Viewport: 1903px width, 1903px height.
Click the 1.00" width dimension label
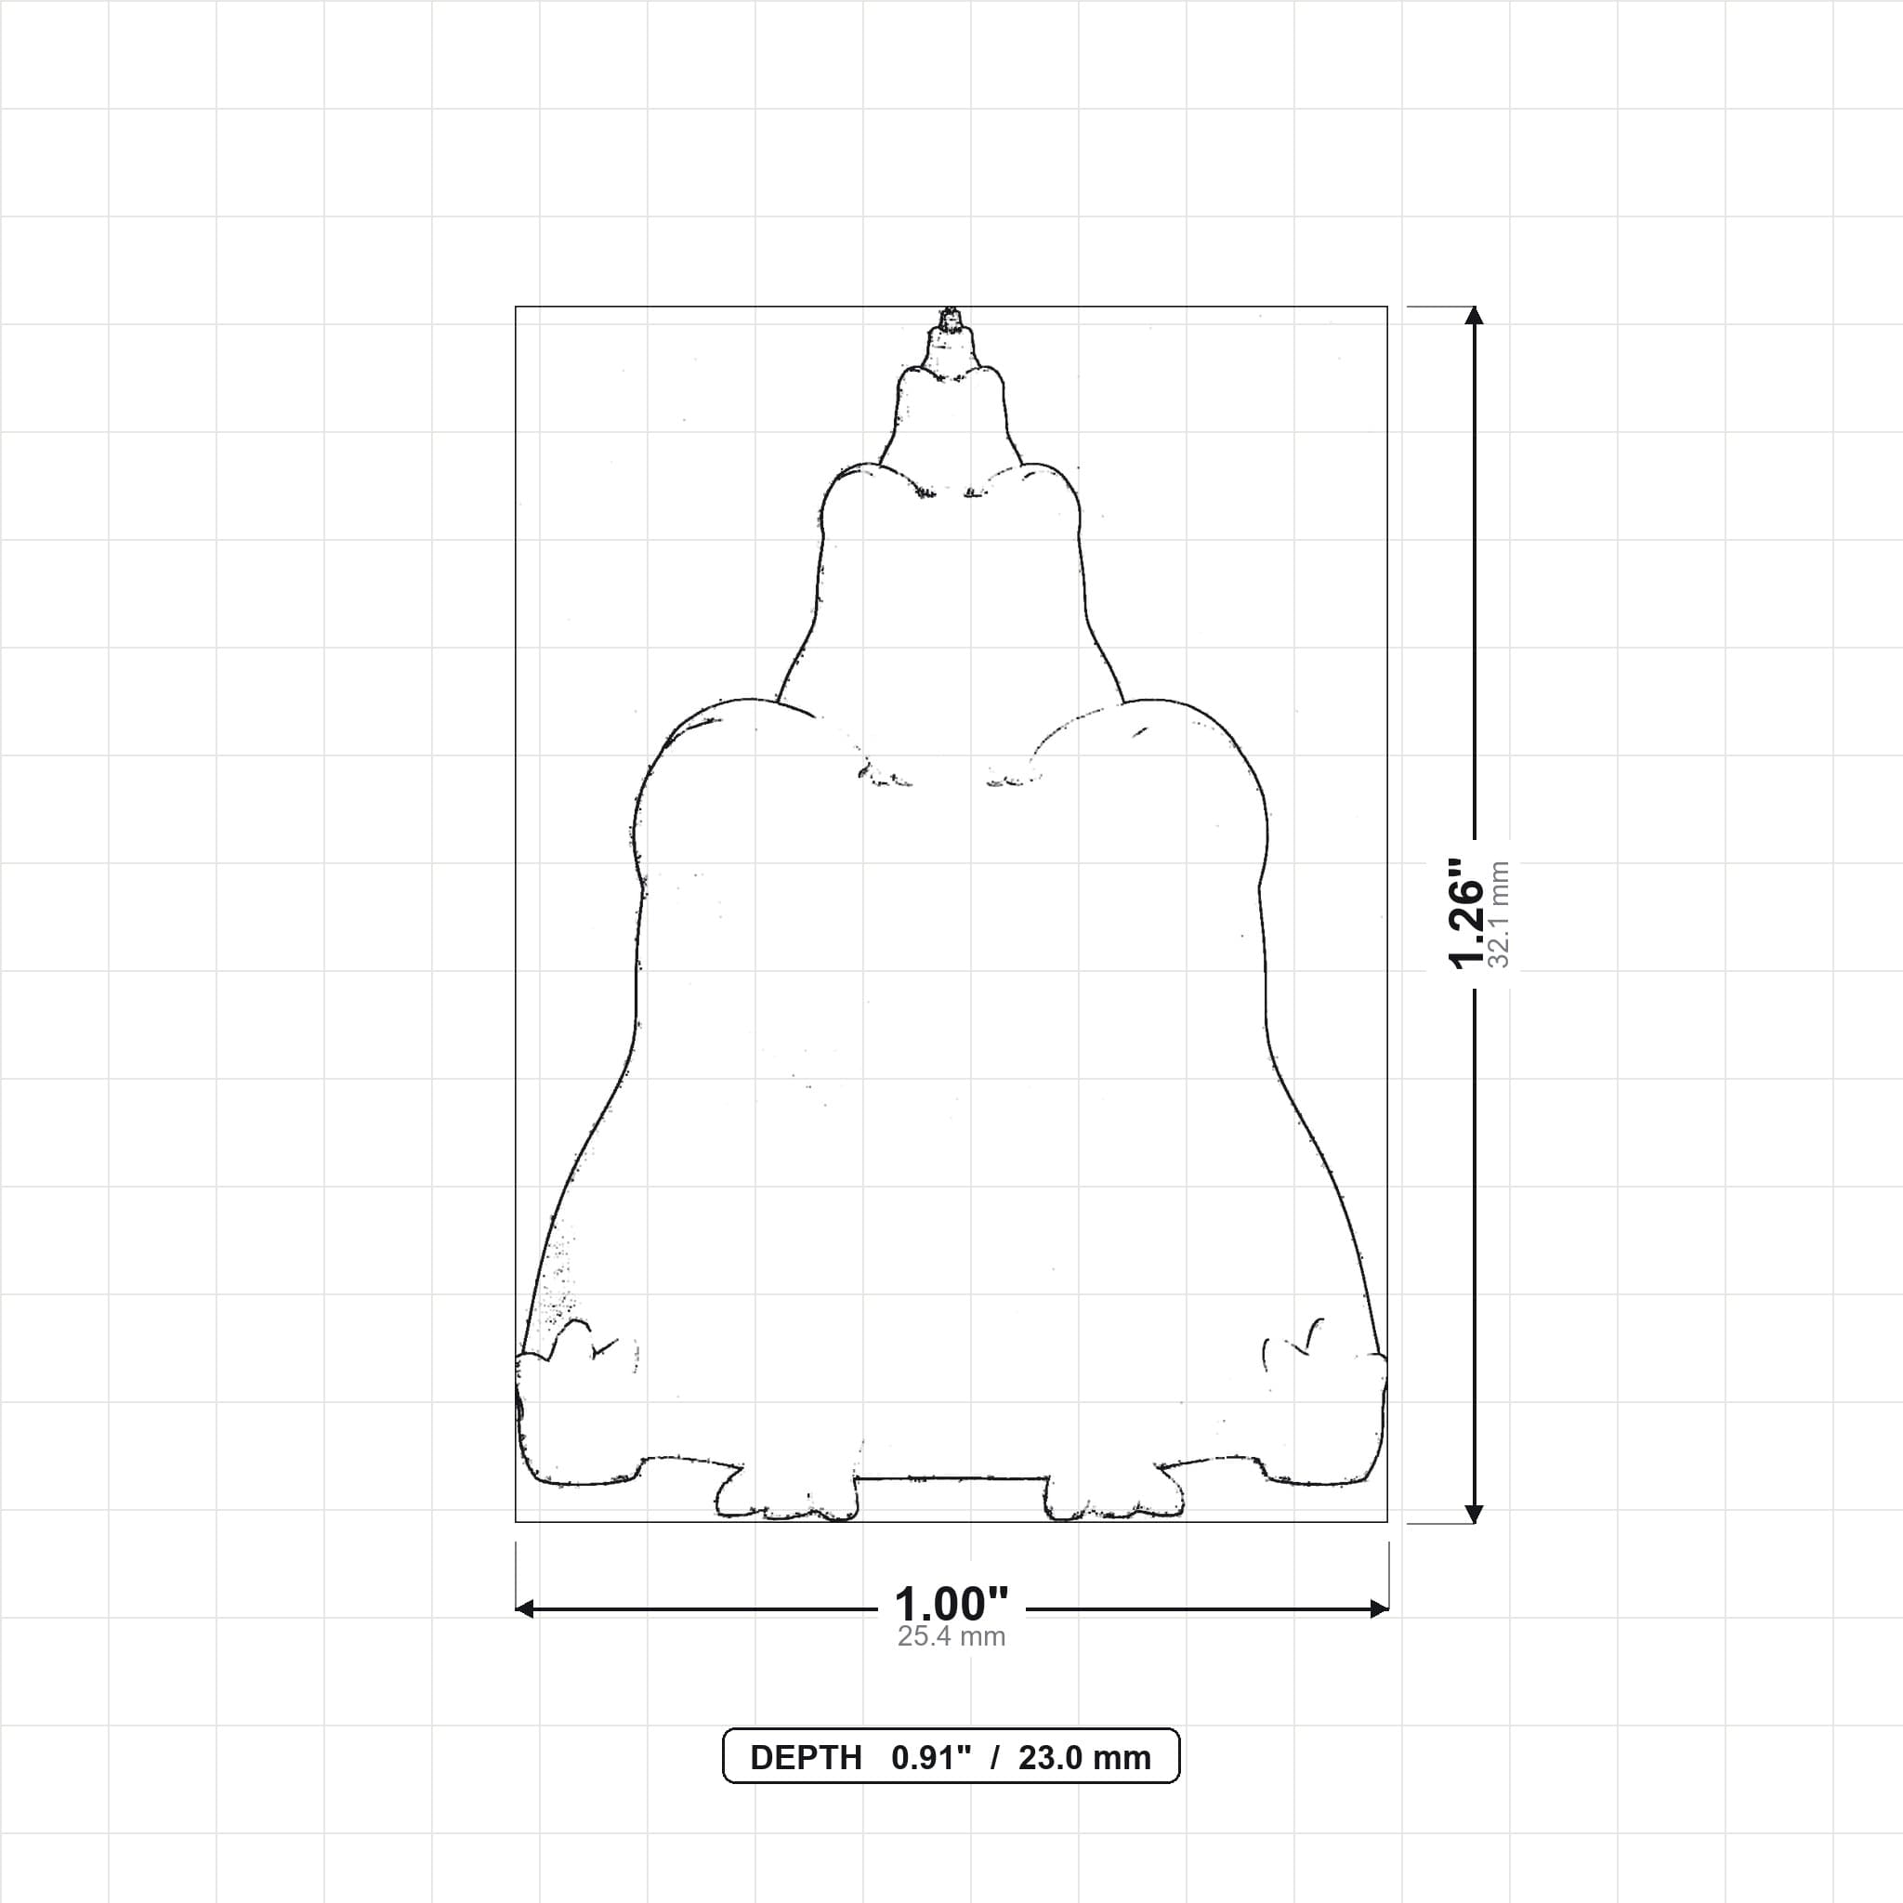[951, 1605]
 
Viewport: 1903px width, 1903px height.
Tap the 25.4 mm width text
[951, 1637]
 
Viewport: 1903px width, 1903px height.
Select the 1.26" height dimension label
[1466, 912]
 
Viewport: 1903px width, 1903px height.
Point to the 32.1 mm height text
[1499, 914]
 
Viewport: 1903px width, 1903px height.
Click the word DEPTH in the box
[806, 1758]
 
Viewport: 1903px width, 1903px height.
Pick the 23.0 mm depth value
[1084, 1758]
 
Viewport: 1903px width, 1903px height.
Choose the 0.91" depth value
[931, 1758]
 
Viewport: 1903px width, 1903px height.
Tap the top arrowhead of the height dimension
[1474, 315]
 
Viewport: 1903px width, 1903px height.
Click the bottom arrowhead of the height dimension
[1474, 1514]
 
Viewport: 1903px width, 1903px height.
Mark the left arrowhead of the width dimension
[525, 1609]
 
